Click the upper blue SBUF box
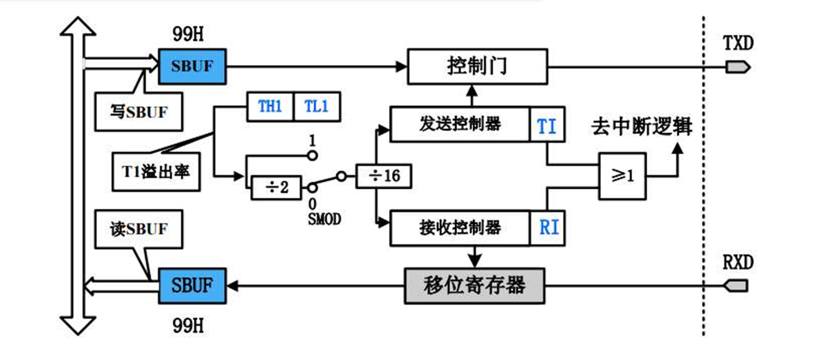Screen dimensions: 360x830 pos(192,67)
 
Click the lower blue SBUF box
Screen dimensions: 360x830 pos(192,286)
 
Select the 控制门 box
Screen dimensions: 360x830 pos(477,67)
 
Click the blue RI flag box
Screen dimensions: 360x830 pos(548,228)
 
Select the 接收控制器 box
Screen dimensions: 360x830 pos(459,228)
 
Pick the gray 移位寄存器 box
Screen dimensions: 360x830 pos(474,286)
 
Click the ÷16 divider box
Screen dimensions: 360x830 pos(384,176)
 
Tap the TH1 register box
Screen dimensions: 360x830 pos(270,107)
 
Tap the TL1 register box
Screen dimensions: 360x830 pos(316,107)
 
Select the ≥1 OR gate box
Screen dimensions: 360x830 pos(622,176)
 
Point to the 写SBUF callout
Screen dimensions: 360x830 pos(139,112)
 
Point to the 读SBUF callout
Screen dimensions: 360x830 pos(139,229)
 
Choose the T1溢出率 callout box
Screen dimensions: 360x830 pos(156,172)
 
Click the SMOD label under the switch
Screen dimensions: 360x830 pos(324,219)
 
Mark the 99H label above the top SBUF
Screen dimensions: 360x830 pos(188,34)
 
